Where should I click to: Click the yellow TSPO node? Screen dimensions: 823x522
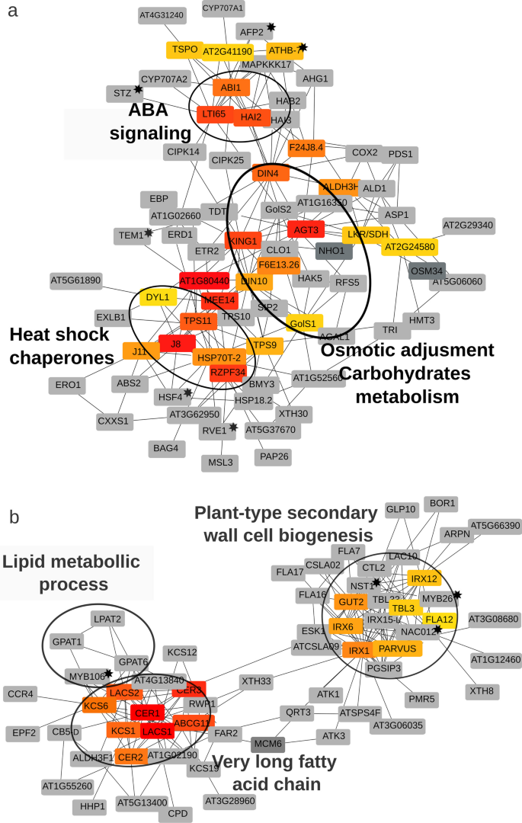[184, 50]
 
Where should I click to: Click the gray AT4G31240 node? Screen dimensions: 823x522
[162, 14]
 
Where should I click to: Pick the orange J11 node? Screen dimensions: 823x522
[139, 351]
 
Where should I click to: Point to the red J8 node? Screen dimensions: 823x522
[176, 344]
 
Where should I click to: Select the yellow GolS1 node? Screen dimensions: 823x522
[303, 323]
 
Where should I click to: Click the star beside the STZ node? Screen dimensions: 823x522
[138, 89]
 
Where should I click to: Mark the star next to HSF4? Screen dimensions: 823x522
[187, 392]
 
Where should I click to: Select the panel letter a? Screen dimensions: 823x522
[13, 13]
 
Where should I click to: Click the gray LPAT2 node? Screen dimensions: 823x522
[107, 619]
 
